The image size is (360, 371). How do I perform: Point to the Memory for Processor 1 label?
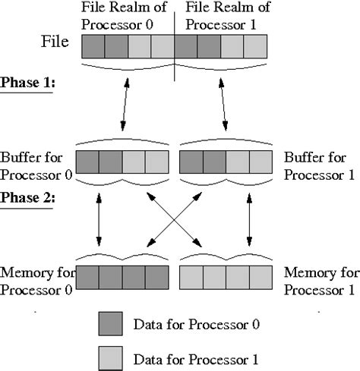tap(318, 280)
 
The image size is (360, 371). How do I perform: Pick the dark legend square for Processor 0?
tap(111, 325)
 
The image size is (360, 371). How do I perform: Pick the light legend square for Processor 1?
tap(111, 356)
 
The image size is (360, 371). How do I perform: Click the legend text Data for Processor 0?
tap(197, 325)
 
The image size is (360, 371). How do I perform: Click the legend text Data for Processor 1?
tap(197, 357)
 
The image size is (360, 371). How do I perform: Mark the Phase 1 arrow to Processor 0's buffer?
tap(123, 103)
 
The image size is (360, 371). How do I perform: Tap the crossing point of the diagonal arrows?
tap(173, 223)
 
